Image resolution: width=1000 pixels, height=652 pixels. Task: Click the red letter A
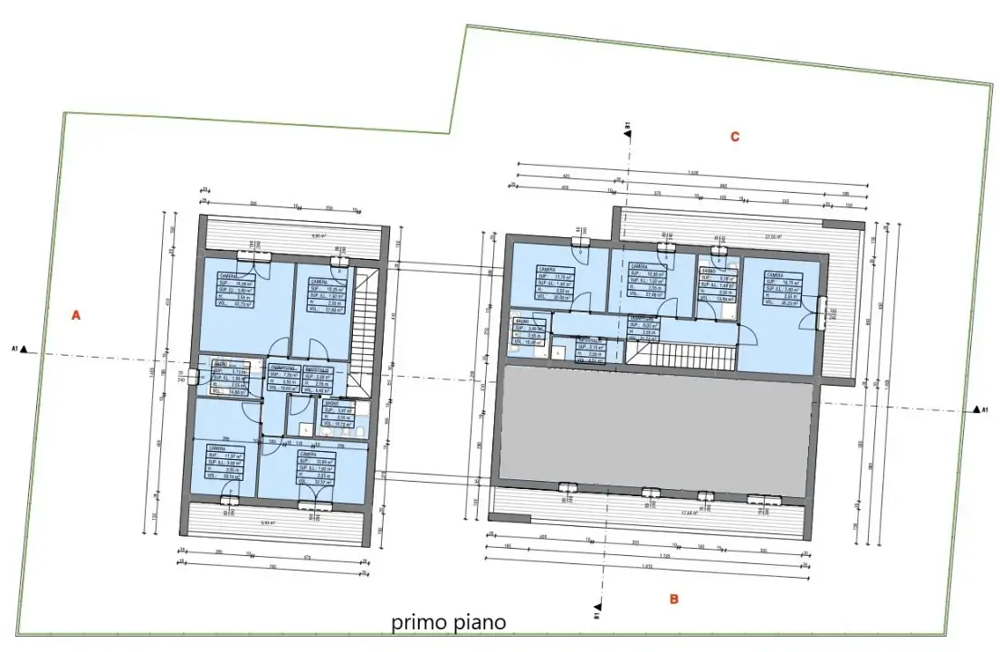coord(77,316)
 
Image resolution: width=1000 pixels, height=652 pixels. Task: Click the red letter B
coord(673,599)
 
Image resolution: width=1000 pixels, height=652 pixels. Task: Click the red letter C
coord(735,137)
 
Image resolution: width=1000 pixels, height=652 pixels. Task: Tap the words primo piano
coord(448,623)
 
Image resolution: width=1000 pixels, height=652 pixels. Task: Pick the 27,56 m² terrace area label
coord(772,237)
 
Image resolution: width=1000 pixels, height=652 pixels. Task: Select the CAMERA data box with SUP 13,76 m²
coord(553,283)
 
